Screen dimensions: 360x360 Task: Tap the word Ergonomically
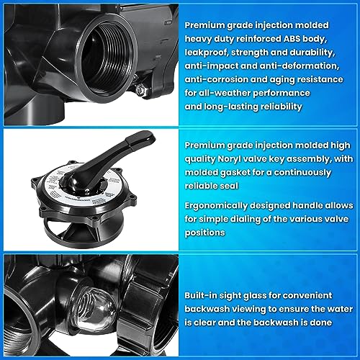(216, 206)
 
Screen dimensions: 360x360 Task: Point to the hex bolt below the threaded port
(140, 89)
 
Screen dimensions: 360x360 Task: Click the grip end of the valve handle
(142, 138)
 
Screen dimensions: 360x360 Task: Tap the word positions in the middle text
(204, 233)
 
